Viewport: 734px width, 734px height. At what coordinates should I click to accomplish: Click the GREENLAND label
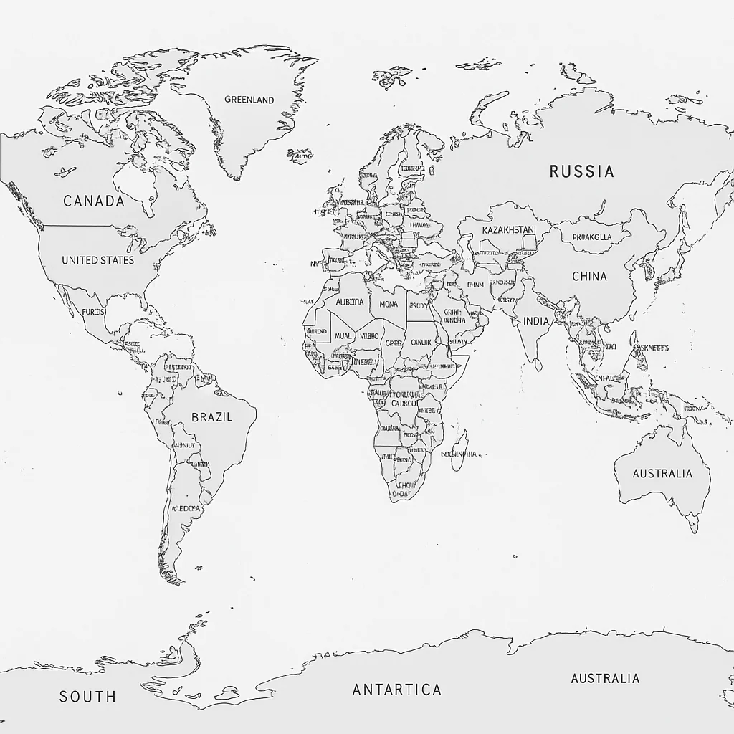coord(249,100)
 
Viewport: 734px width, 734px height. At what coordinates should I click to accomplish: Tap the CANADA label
coord(94,201)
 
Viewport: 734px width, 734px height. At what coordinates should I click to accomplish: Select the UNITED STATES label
coord(97,259)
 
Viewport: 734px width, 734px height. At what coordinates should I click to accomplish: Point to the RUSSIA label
coord(581,171)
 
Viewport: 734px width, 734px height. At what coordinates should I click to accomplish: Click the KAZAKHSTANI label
coord(509,230)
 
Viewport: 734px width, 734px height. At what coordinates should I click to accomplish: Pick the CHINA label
coord(589,276)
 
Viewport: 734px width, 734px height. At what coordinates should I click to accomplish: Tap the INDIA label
coord(536,321)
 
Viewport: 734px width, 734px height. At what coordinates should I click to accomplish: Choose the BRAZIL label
coord(212,416)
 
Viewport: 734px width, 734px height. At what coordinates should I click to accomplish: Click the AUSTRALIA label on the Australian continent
coord(662,473)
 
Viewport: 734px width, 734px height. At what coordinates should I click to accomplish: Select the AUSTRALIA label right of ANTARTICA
coord(605,678)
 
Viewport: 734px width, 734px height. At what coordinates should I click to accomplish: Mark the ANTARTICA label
coord(396,690)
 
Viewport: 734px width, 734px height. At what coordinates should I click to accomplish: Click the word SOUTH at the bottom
coord(87,696)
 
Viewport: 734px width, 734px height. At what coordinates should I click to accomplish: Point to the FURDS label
coord(93,312)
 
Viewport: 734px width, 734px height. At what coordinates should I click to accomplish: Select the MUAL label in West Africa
coord(343,335)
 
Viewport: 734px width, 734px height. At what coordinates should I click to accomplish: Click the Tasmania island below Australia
coord(693,525)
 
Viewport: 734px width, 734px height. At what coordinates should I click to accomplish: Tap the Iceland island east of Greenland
coord(300,155)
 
